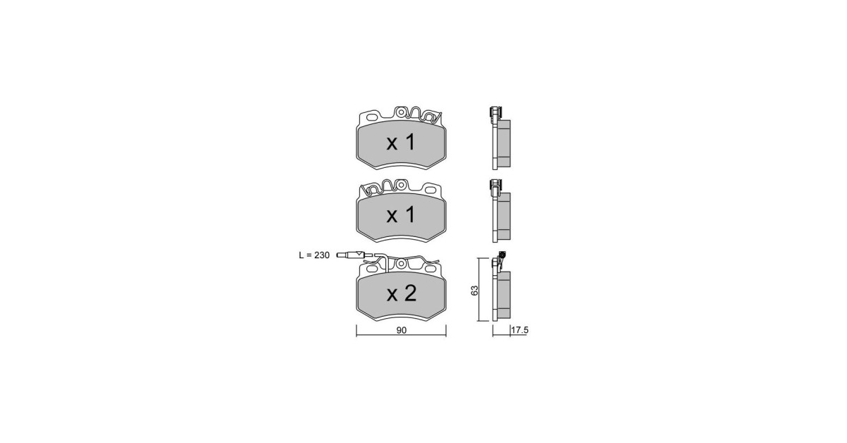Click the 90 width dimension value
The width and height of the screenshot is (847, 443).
[401, 330]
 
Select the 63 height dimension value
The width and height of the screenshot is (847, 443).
[474, 291]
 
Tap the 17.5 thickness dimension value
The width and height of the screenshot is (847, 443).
[519, 330]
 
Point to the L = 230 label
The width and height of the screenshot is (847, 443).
[314, 255]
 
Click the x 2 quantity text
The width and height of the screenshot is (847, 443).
[401, 293]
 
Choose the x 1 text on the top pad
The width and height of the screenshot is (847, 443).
[401, 143]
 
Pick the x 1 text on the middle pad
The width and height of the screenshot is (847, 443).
[401, 215]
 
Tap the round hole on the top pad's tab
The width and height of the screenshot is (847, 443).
[401, 112]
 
